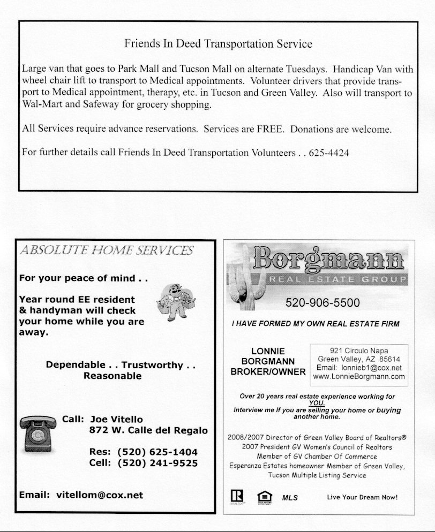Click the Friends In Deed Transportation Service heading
click(x=218, y=44)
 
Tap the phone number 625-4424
click(x=329, y=153)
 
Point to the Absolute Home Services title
click(x=106, y=250)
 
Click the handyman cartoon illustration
click(x=176, y=302)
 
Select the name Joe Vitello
click(x=117, y=419)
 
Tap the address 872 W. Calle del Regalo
click(x=148, y=430)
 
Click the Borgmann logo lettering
click(x=329, y=259)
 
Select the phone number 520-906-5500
click(x=322, y=303)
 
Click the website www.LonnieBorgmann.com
click(x=359, y=377)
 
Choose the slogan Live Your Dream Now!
click(x=363, y=497)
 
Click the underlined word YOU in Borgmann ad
click(x=317, y=403)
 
